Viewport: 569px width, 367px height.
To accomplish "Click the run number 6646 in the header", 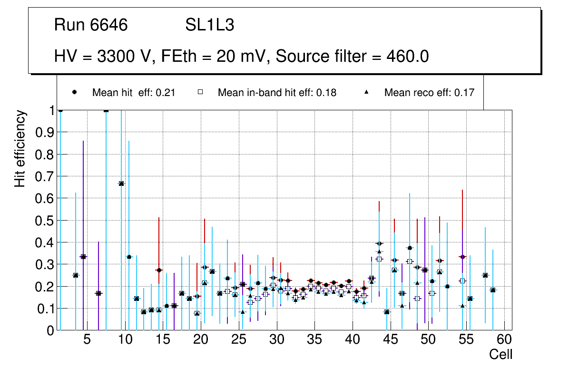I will coord(109,25).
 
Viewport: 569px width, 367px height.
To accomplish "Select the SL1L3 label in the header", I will coord(209,25).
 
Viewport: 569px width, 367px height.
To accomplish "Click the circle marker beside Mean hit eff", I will coord(75,92).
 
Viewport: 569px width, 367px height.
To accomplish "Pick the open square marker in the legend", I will coord(200,92).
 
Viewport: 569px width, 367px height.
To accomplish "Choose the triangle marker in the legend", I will coord(367,92).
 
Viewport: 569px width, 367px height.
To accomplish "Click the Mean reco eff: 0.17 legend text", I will coord(429,93).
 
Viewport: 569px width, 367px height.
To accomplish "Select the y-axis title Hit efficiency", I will coord(20,148).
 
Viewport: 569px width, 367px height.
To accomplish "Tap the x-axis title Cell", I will coord(500,354).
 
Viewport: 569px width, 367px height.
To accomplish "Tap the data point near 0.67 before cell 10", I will coord(121,183).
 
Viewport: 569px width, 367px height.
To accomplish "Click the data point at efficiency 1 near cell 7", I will coord(106,110).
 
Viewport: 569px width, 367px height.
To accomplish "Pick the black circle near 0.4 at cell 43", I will coord(379,243).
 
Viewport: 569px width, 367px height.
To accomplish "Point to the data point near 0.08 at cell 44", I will coord(387,312).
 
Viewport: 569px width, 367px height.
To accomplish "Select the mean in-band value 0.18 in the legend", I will coord(329,93).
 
